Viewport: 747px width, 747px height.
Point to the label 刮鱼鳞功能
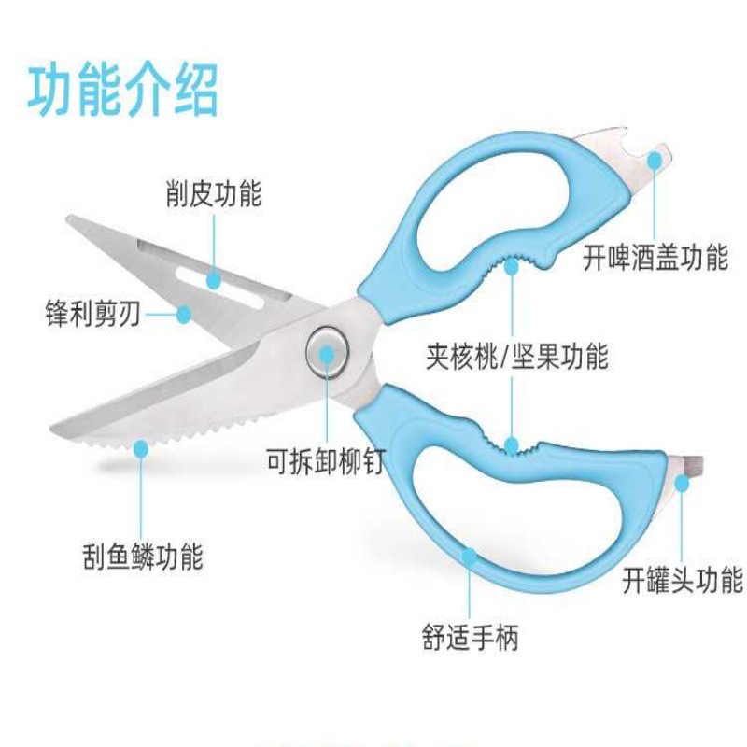(x=141, y=557)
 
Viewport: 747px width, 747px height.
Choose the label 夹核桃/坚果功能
(x=516, y=356)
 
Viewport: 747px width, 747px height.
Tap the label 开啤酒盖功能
(x=655, y=257)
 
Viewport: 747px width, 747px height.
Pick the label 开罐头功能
(x=683, y=580)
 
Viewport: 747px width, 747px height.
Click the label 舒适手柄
(x=470, y=638)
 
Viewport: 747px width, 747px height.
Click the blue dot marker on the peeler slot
(x=214, y=277)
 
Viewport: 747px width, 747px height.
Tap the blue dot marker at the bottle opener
(x=655, y=160)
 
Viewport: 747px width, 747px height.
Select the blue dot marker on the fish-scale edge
(x=141, y=450)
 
